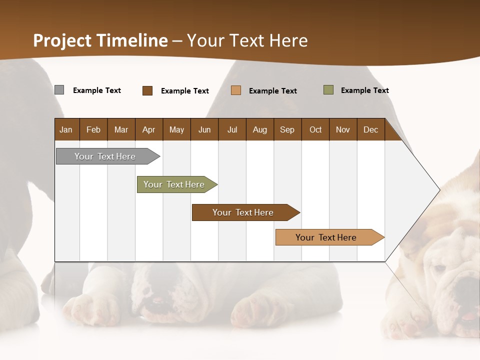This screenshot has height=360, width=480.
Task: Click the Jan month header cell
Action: pyautogui.click(x=66, y=129)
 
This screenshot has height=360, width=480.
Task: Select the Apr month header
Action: pyautogui.click(x=148, y=129)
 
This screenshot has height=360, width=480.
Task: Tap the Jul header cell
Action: pyautogui.click(x=232, y=129)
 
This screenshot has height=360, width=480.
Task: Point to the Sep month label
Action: pyautogui.click(x=287, y=129)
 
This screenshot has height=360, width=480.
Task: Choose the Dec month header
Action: pyautogui.click(x=370, y=129)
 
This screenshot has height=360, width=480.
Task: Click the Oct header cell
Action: pyautogui.click(x=315, y=129)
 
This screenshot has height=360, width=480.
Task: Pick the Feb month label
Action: pyautogui.click(x=93, y=129)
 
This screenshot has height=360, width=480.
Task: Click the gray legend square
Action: pyautogui.click(x=59, y=90)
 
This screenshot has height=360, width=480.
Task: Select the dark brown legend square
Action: pyautogui.click(x=147, y=90)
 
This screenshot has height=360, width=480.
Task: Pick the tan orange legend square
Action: pyautogui.click(x=236, y=90)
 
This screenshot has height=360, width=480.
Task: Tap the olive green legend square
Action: pyautogui.click(x=328, y=90)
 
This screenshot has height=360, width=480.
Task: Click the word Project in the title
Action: pyautogui.click(x=62, y=40)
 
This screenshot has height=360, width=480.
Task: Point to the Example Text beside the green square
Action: pyautogui.click(x=364, y=90)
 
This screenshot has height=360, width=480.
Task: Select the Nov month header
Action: pyautogui.click(x=343, y=129)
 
